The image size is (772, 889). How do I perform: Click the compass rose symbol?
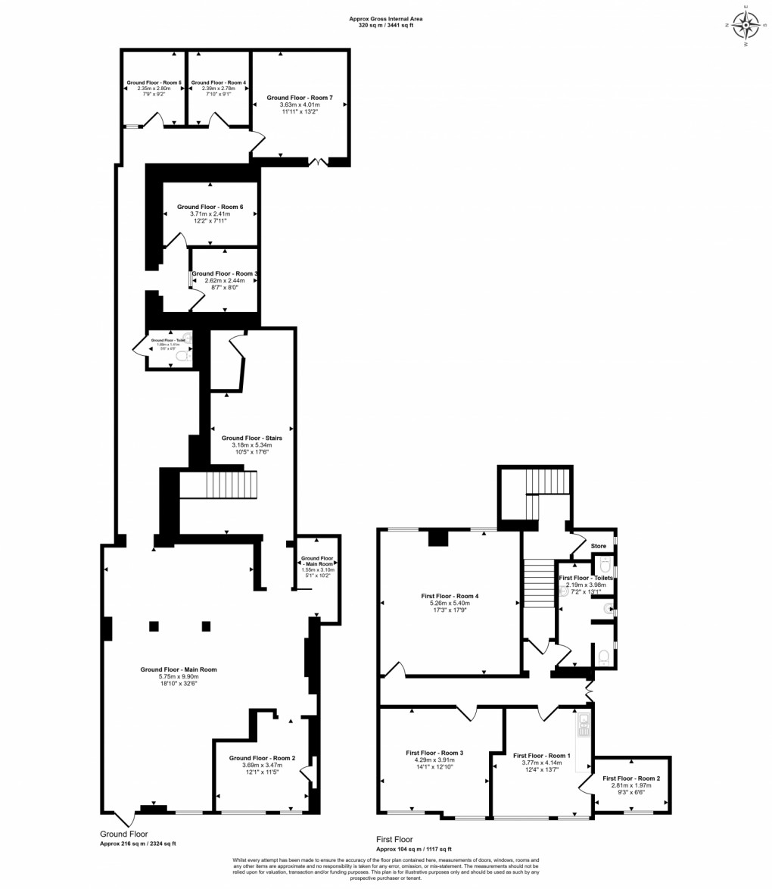click(746, 26)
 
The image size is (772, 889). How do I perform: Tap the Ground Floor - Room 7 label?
click(300, 98)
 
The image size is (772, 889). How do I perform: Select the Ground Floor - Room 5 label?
click(154, 82)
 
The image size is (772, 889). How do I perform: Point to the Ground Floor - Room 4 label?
click(219, 82)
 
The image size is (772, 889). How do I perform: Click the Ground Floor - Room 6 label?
click(210, 207)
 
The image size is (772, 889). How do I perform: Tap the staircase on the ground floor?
click(219, 484)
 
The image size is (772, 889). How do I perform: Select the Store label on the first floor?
click(599, 545)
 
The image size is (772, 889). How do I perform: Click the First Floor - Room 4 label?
click(450, 596)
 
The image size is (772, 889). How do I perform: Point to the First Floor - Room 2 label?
click(631, 778)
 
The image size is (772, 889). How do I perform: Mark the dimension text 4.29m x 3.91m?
click(434, 760)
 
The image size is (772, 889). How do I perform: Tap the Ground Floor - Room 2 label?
click(262, 758)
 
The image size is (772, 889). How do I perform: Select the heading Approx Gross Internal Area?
click(385, 19)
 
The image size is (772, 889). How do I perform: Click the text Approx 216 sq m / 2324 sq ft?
click(143, 844)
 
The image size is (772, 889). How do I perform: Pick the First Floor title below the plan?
click(395, 840)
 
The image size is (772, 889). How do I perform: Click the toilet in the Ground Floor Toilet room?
click(181, 355)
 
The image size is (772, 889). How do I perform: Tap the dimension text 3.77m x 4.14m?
click(540, 763)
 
